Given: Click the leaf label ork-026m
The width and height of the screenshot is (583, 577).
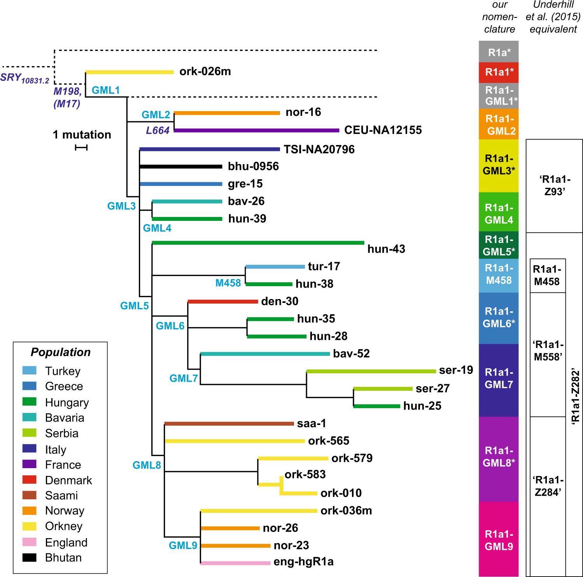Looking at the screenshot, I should point(205,72).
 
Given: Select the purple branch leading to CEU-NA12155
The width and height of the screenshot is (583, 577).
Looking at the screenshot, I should point(257,130).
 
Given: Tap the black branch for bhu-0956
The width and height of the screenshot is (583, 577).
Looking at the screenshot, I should point(181,166).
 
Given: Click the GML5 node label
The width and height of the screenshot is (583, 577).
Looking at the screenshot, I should point(134,306).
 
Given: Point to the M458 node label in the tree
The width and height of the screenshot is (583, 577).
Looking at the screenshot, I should point(228,283).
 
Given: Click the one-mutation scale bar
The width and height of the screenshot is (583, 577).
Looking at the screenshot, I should point(81,147).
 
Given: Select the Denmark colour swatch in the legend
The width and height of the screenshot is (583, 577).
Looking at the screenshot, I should point(30,480).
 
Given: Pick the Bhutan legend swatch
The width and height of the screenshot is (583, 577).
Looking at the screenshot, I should point(30,558).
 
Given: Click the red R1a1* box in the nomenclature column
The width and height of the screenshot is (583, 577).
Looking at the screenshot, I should point(499,72).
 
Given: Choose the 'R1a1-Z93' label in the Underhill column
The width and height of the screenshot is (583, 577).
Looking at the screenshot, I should point(554,185).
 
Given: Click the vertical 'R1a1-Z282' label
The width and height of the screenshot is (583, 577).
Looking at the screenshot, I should point(575,397).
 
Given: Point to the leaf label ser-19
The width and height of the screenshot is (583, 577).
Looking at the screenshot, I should point(456,370).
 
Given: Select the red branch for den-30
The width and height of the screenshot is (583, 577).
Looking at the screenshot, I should point(223,301).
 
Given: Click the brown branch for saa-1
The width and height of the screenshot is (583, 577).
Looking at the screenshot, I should point(229,423).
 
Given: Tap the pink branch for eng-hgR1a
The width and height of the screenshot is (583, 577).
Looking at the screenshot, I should point(235,563).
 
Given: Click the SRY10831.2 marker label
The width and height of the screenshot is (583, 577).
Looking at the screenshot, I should point(25,78).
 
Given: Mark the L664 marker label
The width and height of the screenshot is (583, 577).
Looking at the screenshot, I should point(158,131).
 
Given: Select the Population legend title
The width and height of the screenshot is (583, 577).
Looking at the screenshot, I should point(61,352).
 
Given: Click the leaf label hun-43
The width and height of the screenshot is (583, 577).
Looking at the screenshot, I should point(386,249).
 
